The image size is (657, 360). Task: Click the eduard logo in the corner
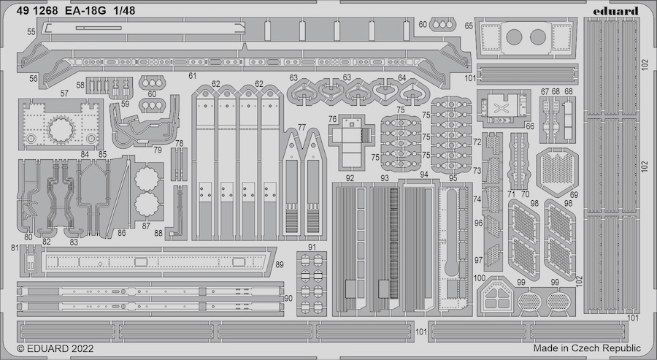615,11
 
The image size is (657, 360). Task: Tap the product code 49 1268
37,11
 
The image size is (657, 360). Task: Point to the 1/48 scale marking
124,11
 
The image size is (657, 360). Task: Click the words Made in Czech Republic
587,348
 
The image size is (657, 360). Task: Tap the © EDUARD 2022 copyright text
55,349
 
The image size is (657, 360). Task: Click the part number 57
64,93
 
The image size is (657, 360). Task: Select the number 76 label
333,119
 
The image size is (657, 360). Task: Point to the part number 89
280,264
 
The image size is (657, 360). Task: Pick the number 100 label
480,278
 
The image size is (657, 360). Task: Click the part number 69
574,195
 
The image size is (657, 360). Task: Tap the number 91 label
312,247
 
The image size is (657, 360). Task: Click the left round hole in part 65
514,37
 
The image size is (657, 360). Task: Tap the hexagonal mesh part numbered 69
557,172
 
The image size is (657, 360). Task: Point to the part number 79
158,150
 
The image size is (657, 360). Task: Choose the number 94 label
424,175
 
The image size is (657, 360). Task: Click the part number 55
31,32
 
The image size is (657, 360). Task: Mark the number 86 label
121,233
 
